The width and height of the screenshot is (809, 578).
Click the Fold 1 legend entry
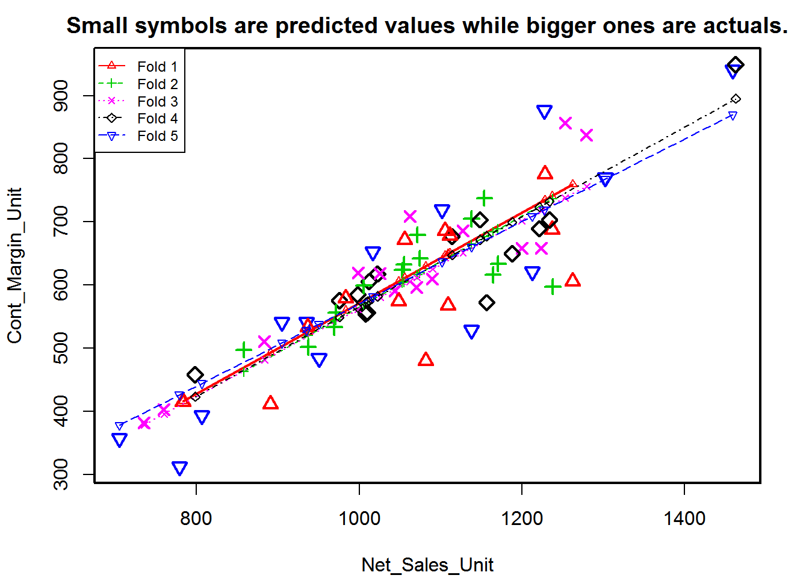pyautogui.click(x=157, y=66)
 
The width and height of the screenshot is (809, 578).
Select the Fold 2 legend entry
pyautogui.click(x=157, y=84)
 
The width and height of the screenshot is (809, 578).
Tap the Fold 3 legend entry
pyautogui.click(x=157, y=101)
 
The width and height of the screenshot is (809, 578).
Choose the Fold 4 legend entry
pyautogui.click(x=157, y=118)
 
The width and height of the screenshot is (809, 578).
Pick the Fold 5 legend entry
pyautogui.click(x=157, y=135)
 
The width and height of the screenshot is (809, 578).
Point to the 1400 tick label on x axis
pyautogui.click(x=684, y=518)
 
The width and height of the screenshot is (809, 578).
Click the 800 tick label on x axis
pyautogui.click(x=196, y=518)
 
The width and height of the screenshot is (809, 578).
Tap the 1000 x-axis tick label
pyautogui.click(x=359, y=518)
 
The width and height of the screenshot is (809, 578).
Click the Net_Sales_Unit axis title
pyautogui.click(x=427, y=565)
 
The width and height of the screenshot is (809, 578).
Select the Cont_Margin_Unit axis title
pyautogui.click(x=14, y=265)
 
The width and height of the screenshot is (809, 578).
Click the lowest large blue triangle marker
pyautogui.click(x=179, y=468)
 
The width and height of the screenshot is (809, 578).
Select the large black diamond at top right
pyautogui.click(x=736, y=65)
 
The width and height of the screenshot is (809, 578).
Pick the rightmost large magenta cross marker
pyautogui.click(x=586, y=135)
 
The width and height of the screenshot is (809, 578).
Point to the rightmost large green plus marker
pyautogui.click(x=553, y=287)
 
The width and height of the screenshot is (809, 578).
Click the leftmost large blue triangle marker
pyautogui.click(x=120, y=440)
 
